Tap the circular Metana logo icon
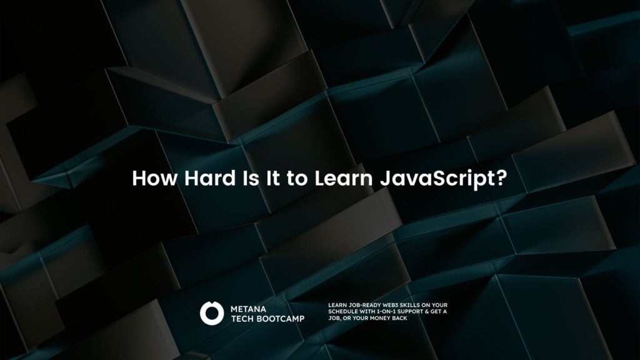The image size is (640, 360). [x=211, y=312]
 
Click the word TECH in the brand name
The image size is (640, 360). [x=244, y=318]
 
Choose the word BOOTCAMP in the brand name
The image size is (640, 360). [x=282, y=318]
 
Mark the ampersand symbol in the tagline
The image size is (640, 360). [x=436, y=312]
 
